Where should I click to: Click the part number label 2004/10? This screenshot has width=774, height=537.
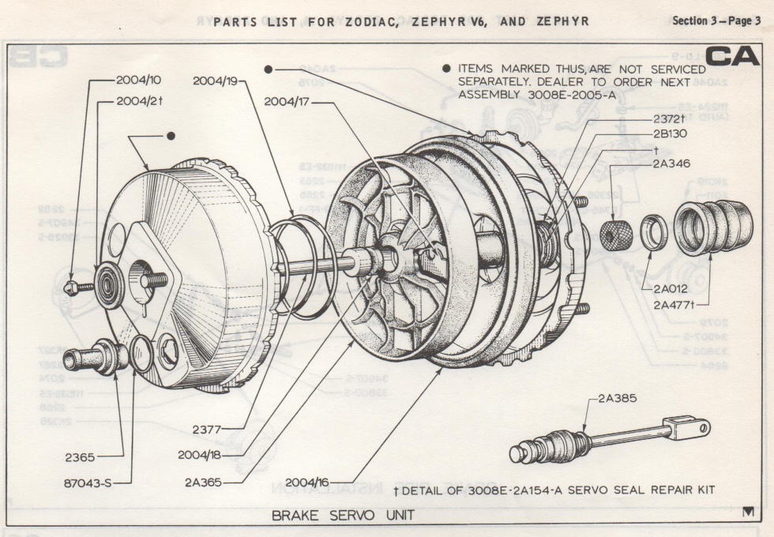140,80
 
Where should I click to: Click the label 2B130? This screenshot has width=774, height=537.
670,133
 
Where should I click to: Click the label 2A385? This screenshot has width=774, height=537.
617,399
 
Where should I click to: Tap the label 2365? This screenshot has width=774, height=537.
81,456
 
